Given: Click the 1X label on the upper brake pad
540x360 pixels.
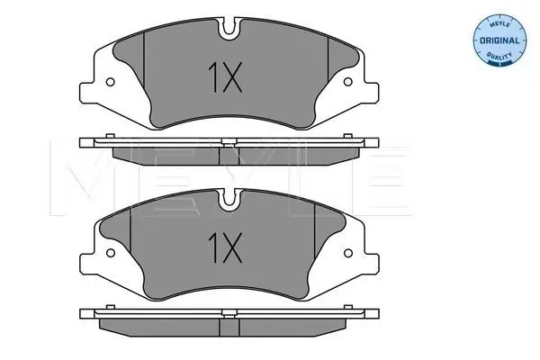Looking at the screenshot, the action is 225,77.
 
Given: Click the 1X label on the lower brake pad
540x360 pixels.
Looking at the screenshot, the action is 225,247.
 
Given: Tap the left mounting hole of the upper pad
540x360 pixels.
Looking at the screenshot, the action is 110,82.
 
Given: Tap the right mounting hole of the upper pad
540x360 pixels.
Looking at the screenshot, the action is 348,82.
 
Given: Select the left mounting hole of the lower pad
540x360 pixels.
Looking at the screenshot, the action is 110,253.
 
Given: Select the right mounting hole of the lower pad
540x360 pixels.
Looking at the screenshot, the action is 348,253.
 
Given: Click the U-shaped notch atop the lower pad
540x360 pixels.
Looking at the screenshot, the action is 229,201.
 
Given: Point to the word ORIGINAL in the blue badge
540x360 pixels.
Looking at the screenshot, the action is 499,40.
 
